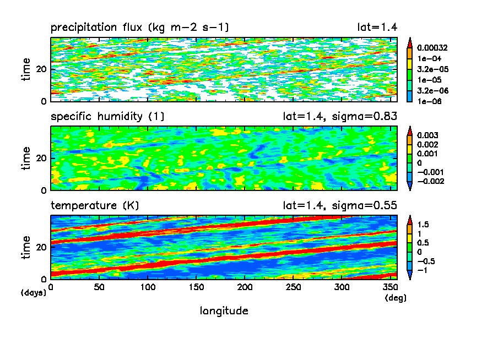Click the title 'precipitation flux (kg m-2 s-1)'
pos(140,28)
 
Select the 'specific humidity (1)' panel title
pos(107,117)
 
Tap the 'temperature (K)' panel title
pos(95,206)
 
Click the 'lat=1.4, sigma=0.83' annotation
pos(340,117)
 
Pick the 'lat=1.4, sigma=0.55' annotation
pos(340,206)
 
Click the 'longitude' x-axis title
pos(224,311)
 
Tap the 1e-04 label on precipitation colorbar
pos(427,58)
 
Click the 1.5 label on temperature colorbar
pos(423,225)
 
